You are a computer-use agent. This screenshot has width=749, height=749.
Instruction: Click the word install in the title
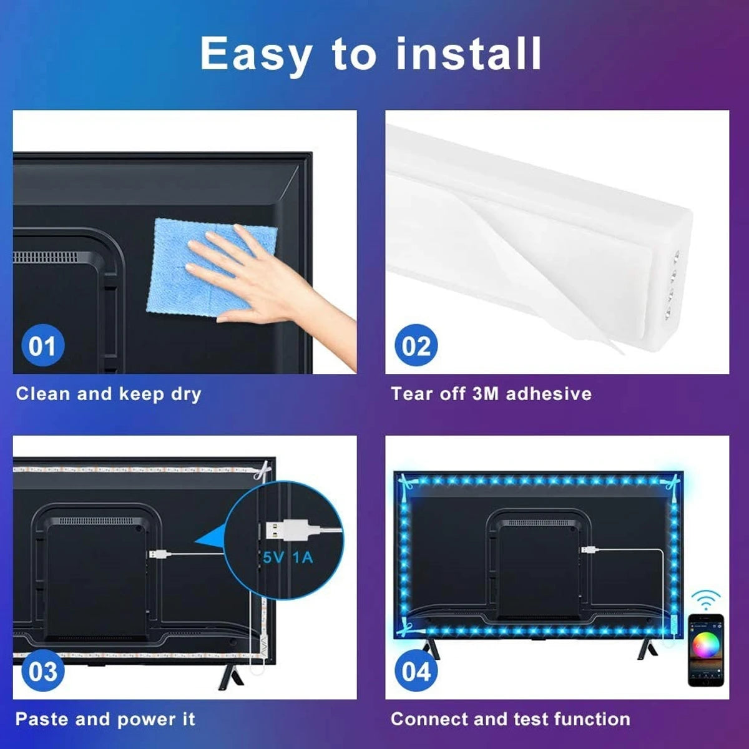(x=468, y=53)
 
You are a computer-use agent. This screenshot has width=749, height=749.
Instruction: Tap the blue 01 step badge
(x=43, y=345)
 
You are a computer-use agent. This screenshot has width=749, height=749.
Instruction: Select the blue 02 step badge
(x=416, y=345)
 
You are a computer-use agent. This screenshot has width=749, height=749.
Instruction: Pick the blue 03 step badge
(x=43, y=670)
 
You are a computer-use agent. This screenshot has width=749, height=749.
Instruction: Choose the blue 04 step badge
(x=416, y=670)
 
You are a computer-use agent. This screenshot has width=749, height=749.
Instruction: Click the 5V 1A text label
(x=288, y=558)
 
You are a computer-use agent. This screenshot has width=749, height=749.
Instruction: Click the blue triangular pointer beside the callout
(x=210, y=541)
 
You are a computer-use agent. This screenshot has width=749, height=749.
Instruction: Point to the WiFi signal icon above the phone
(x=706, y=599)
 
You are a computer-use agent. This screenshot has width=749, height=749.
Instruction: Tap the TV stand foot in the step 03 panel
(x=230, y=675)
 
